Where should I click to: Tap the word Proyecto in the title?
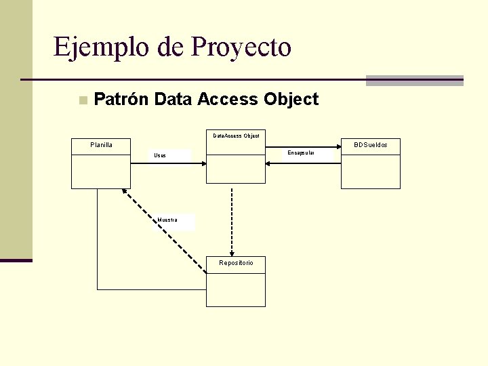click(242, 47)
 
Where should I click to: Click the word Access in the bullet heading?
click(227, 100)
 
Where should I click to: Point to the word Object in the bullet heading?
click(291, 100)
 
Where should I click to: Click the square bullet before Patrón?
click(82, 100)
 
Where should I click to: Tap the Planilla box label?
click(101, 144)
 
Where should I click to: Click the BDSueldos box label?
click(370, 144)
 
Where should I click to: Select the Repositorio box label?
click(236, 262)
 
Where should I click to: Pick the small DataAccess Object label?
click(236, 136)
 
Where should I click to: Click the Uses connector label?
click(159, 156)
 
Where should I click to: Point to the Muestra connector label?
click(167, 220)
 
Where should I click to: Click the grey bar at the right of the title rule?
click(414, 80)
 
